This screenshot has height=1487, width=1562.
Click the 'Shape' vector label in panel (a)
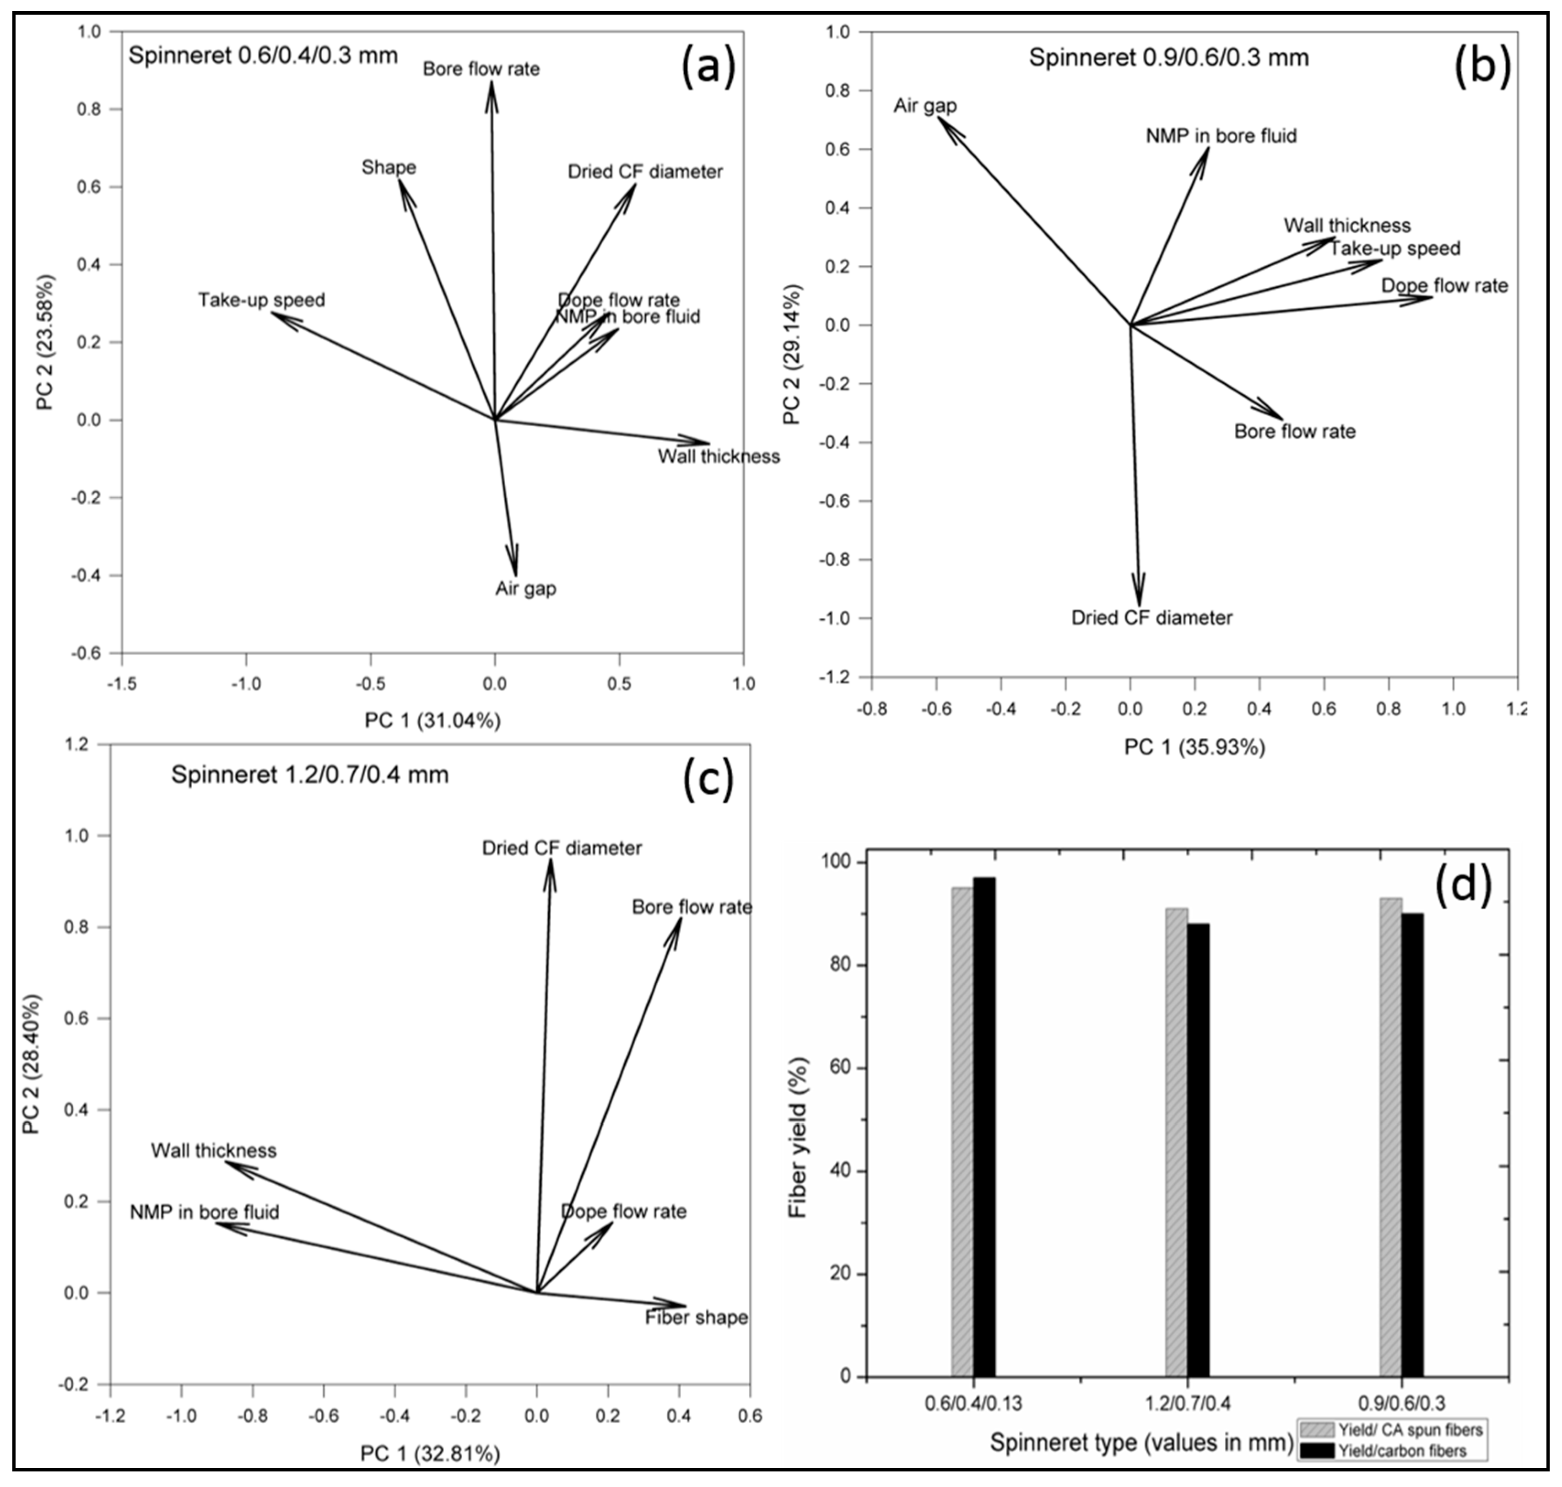pos(389,168)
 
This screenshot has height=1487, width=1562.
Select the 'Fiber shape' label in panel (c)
pos(696,1317)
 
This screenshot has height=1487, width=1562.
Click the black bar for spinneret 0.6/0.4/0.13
pos(984,1126)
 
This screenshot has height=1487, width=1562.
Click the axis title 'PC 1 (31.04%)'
pos(432,720)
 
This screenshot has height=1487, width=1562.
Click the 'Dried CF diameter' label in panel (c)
pos(562,848)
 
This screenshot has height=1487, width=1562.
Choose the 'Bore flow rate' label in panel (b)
pos(1294,432)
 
